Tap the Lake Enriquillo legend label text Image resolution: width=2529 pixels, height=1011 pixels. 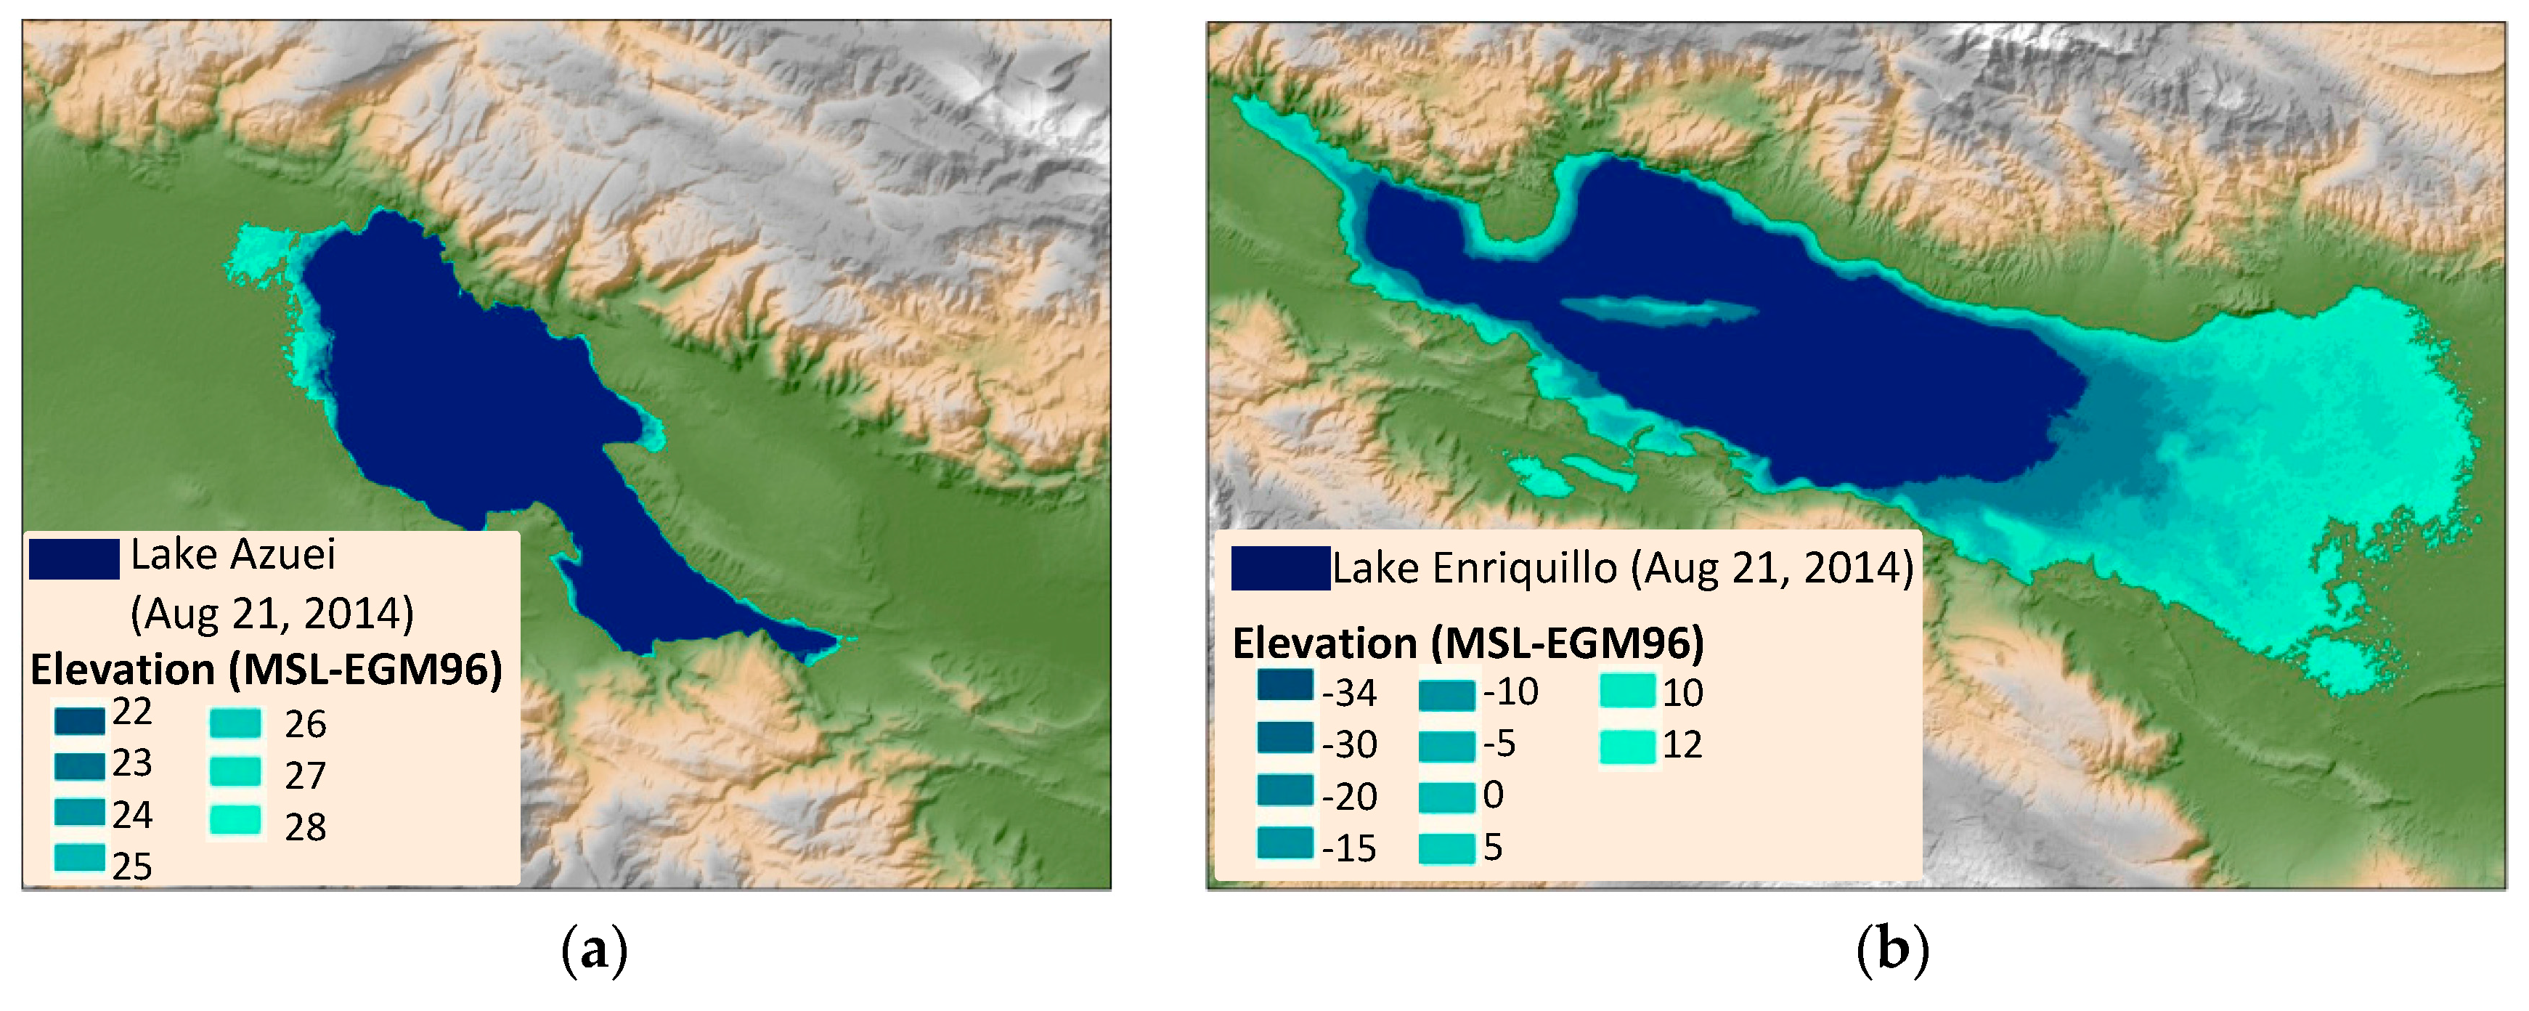[1622, 568]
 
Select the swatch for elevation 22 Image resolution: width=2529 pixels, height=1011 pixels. [80, 720]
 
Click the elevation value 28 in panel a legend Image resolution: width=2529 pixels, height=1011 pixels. [306, 827]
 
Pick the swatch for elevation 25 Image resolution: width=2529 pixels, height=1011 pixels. [80, 858]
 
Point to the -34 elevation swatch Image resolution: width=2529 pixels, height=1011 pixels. [1284, 685]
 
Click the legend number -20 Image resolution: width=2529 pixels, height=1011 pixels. [1349, 796]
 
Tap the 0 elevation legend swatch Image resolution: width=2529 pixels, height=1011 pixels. [1446, 797]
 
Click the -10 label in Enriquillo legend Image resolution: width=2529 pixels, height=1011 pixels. [1510, 692]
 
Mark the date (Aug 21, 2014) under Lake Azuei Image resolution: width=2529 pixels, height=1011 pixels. [272, 614]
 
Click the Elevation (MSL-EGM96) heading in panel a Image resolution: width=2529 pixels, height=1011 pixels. [266, 670]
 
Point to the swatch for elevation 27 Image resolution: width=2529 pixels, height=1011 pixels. [236, 771]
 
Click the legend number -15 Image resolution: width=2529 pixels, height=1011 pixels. [1349, 848]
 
